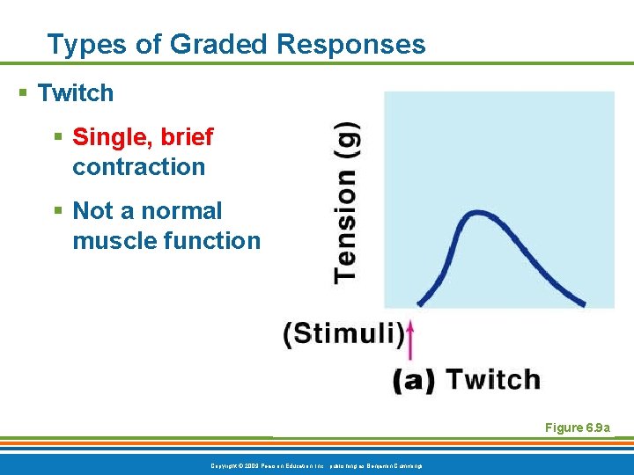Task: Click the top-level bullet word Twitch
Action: click(x=76, y=93)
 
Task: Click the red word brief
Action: click(x=187, y=138)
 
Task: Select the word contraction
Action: click(x=138, y=167)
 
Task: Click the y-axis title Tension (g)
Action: click(x=346, y=201)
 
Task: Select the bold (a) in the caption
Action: click(x=414, y=380)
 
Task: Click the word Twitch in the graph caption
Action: click(x=492, y=380)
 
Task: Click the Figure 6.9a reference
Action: click(x=577, y=427)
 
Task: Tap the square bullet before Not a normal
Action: click(x=58, y=211)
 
